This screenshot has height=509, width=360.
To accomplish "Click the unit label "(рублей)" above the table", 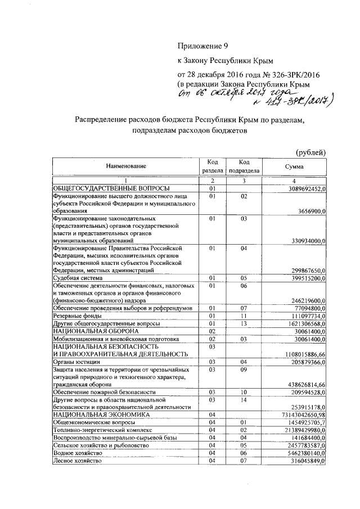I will coord(311,152).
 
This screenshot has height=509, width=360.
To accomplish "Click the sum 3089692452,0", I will coord(302,188).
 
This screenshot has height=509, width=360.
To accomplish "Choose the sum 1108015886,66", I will coord(302,354).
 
